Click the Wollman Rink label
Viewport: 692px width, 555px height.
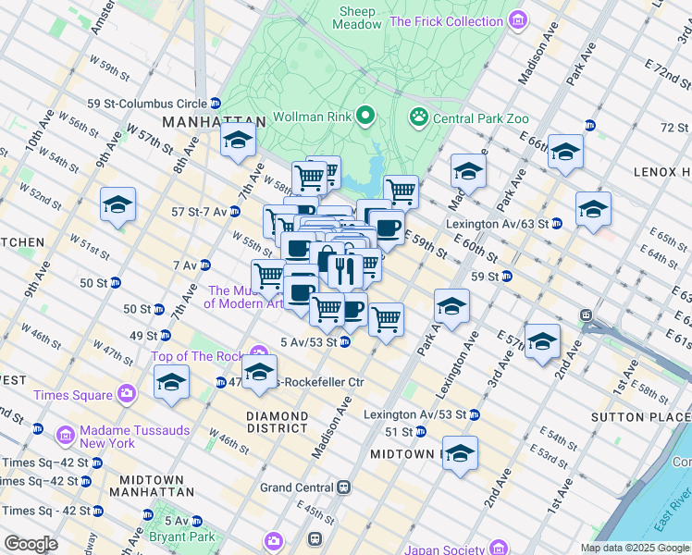click(314, 118)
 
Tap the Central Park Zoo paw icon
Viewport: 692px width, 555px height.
click(419, 117)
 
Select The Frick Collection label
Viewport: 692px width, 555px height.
click(447, 21)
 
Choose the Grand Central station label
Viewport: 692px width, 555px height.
click(298, 487)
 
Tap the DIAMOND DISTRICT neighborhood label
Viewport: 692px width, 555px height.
click(277, 422)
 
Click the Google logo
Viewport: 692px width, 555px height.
click(31, 543)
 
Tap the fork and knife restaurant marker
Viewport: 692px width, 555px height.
click(341, 270)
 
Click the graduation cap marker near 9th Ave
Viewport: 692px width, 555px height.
click(117, 205)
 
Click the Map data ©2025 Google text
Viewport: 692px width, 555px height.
click(634, 548)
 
